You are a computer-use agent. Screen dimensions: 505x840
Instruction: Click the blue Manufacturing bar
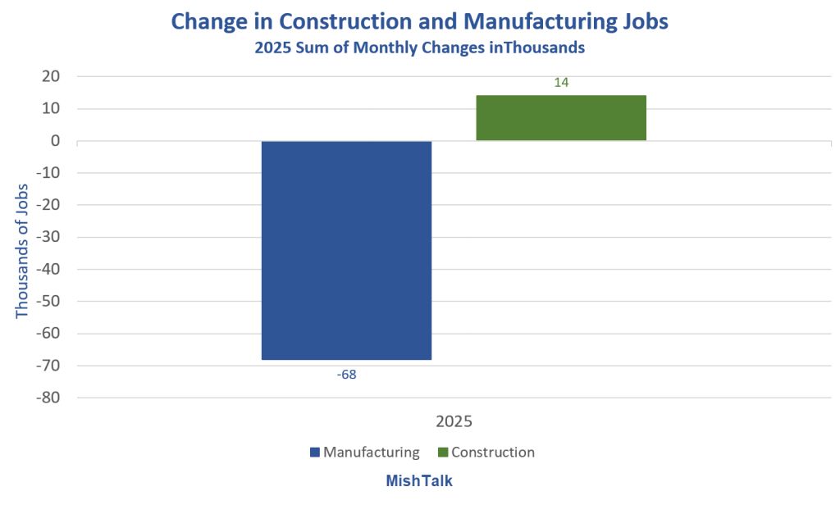pyautogui.click(x=346, y=250)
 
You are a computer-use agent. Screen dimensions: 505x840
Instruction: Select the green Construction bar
pyautogui.click(x=561, y=118)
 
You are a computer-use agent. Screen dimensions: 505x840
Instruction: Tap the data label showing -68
pyautogui.click(x=346, y=375)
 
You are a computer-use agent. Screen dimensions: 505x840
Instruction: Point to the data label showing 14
pyautogui.click(x=561, y=83)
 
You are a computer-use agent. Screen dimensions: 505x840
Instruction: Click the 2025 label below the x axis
pyautogui.click(x=454, y=422)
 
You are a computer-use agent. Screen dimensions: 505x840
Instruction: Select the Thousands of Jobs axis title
pyautogui.click(x=22, y=238)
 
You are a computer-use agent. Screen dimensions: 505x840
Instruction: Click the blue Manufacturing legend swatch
pyautogui.click(x=315, y=453)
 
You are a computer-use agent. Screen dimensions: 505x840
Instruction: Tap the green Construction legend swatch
pyautogui.click(x=443, y=453)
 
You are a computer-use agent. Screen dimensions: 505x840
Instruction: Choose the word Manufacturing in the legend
pyautogui.click(x=372, y=453)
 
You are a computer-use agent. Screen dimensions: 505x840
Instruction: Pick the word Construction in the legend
pyautogui.click(x=493, y=453)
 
